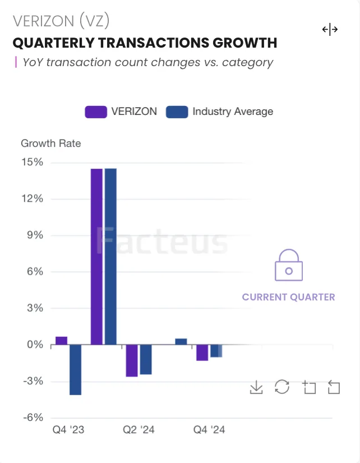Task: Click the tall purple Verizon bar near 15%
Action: (96, 257)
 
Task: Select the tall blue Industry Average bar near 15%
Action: (110, 257)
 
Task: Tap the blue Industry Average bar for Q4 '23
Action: (75, 369)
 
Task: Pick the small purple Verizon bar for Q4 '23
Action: (62, 340)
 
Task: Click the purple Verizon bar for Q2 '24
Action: (132, 360)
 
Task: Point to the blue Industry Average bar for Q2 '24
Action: (146, 359)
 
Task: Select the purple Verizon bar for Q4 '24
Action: (202, 353)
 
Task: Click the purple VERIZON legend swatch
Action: (95, 111)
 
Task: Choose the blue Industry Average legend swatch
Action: (177, 111)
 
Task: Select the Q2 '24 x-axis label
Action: (139, 430)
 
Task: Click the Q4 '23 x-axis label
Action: (68, 430)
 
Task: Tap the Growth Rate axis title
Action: (50, 143)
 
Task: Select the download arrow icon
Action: (256, 387)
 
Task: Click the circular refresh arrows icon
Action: (282, 387)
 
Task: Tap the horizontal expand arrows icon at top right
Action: (330, 30)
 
